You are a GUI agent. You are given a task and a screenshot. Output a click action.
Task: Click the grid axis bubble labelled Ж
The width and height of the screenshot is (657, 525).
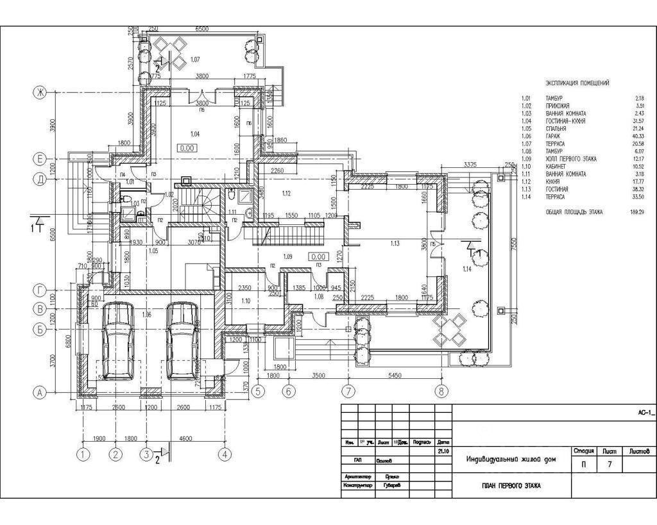pos(40,93)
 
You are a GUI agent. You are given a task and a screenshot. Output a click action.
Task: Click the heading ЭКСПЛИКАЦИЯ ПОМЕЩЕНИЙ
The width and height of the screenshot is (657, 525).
pos(577,83)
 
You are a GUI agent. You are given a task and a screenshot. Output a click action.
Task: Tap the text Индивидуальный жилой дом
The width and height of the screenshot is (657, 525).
pos(511,459)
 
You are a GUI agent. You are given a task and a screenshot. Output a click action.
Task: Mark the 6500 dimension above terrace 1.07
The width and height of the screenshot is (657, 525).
pos(201,29)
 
